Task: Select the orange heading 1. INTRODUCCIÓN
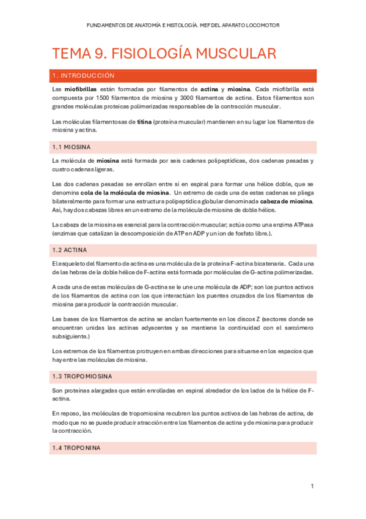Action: [x=83, y=76]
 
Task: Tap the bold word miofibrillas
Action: [x=75, y=89]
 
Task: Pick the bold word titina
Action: [x=144, y=121]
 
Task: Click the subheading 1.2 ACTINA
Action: [x=70, y=250]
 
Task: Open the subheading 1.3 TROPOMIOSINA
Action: [x=82, y=376]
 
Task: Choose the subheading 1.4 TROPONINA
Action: [x=76, y=448]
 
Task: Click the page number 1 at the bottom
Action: [x=312, y=487]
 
